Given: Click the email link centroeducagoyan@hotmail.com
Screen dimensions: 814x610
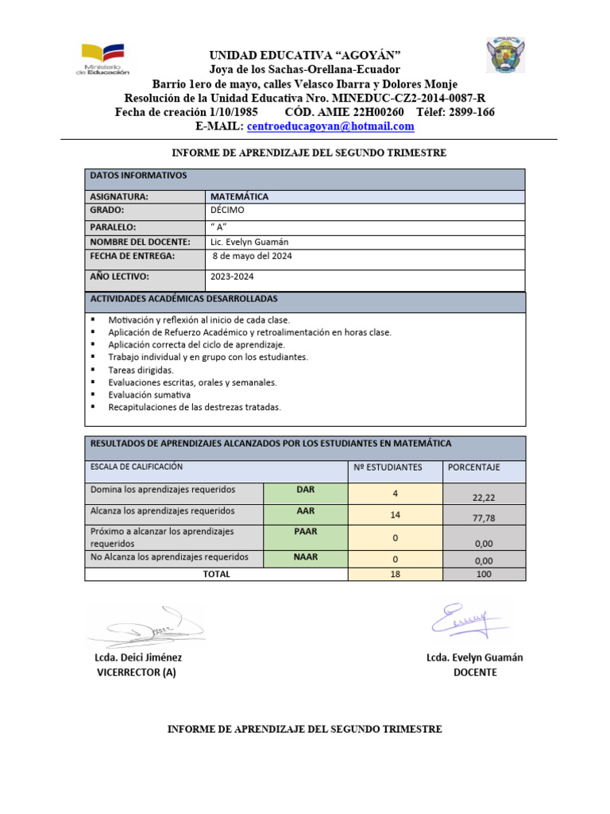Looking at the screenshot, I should coord(330,126).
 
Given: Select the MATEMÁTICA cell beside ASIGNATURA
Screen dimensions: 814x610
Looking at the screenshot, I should coord(239,196).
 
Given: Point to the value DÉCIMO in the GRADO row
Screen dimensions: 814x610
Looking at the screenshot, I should coord(227,211).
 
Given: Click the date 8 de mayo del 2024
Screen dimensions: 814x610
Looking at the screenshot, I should coord(253,256).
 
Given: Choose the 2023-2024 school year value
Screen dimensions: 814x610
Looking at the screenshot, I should coord(232,277).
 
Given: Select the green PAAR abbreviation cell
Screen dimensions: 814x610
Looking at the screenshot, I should coord(306,530).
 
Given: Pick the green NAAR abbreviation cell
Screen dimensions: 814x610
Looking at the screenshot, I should coord(306,557).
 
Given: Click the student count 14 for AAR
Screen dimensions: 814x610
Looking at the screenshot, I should coord(395,515).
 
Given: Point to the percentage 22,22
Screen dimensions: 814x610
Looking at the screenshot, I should coord(483,497).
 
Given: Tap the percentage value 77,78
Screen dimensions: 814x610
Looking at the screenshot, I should coord(483,518).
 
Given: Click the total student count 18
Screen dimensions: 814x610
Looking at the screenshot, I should coord(395,574).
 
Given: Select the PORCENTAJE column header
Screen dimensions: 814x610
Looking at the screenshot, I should coord(474,467).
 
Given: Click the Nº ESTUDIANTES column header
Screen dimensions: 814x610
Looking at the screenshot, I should coord(388,467).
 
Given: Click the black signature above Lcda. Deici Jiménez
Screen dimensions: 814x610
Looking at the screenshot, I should coord(147,626).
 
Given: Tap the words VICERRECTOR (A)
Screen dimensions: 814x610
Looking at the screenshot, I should coord(136,673).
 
